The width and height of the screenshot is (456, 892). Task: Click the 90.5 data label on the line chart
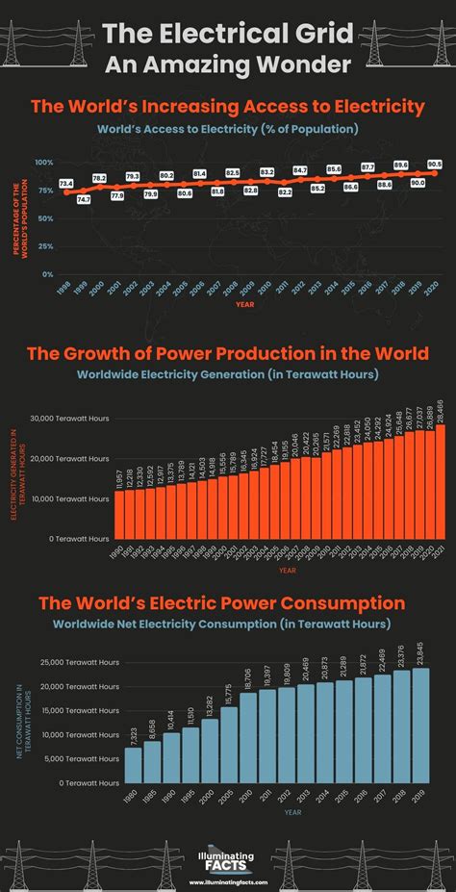(435, 165)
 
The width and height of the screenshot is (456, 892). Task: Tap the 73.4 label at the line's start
(65, 183)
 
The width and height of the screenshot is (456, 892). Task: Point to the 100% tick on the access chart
(44, 163)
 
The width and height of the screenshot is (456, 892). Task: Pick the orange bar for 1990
(118, 519)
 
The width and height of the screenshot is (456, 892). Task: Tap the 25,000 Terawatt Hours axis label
(80, 663)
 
